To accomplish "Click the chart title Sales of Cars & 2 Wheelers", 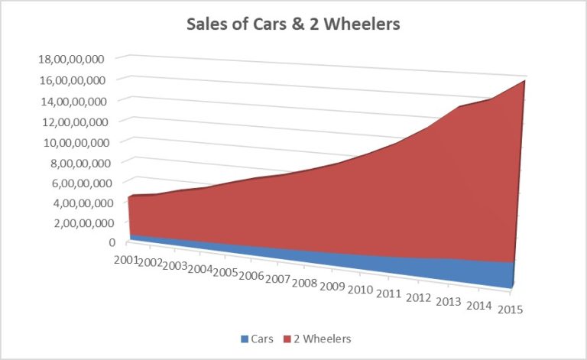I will [293, 24].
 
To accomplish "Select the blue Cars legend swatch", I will [245, 338].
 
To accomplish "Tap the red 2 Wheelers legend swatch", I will [289, 338].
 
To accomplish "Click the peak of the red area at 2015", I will [524, 80].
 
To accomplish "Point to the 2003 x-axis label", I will [175, 266].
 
